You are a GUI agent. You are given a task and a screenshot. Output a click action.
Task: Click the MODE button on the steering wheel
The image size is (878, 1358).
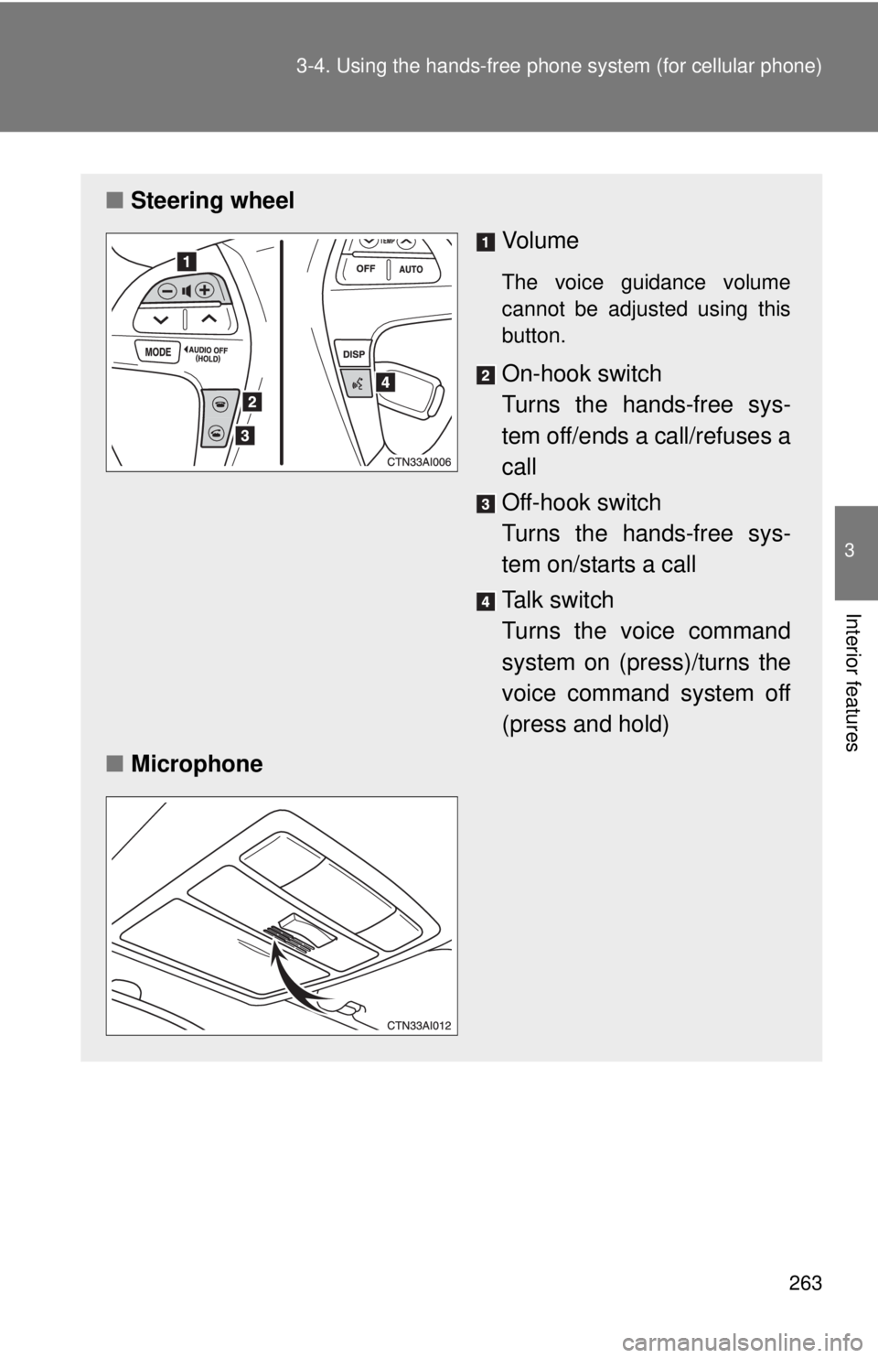tap(157, 352)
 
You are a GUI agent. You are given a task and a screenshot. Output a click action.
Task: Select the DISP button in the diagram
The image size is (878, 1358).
tap(354, 354)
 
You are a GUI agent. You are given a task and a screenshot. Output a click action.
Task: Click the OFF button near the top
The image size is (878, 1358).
tap(366, 269)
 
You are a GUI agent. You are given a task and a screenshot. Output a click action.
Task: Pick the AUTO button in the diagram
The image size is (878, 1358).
tap(412, 270)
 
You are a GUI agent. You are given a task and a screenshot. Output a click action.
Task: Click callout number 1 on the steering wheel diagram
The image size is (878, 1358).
tap(186, 262)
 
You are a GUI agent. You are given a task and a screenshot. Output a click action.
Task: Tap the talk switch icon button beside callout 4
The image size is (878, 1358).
tap(356, 384)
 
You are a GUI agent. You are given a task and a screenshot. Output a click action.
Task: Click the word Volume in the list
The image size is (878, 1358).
tap(541, 241)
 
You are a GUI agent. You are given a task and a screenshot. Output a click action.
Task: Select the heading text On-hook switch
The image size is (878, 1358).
tap(582, 373)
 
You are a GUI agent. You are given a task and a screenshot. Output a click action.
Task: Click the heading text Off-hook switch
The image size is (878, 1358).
tap(582, 502)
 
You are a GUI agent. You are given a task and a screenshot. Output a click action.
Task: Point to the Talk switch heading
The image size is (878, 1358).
tap(558, 599)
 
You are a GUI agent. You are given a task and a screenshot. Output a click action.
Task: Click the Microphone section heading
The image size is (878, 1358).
tap(196, 764)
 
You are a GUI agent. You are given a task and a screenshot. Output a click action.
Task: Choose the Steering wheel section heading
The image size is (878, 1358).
tap(212, 200)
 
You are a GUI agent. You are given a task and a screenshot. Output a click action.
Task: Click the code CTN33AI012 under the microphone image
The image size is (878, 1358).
tap(420, 1025)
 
